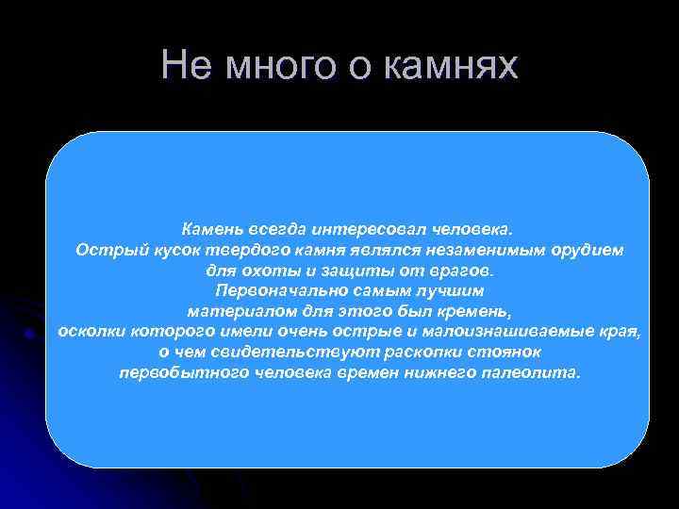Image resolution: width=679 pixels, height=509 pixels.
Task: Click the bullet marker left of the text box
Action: (31, 333)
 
